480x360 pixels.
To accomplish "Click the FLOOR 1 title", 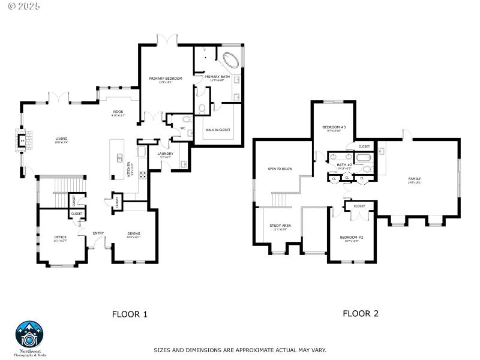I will tap(130, 314).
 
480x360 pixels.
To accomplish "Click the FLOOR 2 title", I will tap(360, 313).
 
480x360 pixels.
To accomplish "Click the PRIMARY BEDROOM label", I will tap(165, 79).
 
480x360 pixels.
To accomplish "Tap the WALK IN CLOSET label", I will tap(218, 130).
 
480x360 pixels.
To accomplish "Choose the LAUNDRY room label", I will tap(165, 154).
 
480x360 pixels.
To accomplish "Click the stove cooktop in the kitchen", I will tap(144, 175).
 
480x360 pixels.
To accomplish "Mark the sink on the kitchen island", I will tap(119, 158).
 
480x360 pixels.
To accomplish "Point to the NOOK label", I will tap(118, 112).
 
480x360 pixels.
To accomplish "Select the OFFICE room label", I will tap(61, 236).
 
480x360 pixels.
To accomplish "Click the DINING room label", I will tap(133, 234).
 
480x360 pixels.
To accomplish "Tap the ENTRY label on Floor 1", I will tap(98, 233).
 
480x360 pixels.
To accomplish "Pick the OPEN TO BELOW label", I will tap(280, 169).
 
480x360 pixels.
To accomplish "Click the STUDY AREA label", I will tap(280, 226).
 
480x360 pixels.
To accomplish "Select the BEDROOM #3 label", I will tap(334, 127).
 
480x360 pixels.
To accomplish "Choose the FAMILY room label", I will tap(414, 179).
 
